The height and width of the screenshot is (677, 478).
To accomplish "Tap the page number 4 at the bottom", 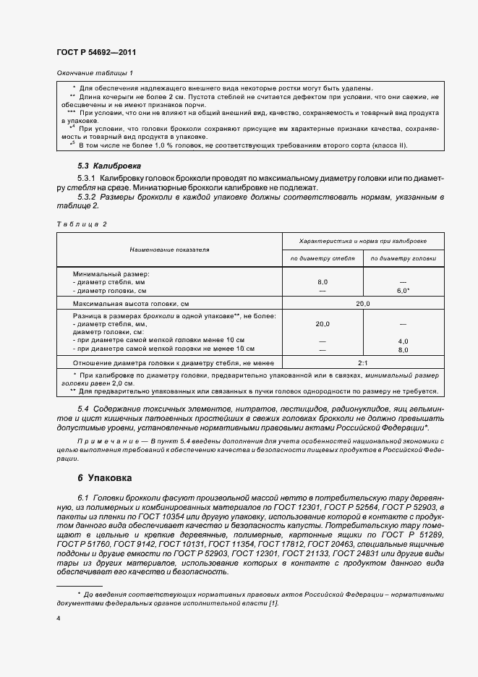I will click(59, 618).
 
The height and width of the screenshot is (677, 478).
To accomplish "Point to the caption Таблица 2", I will click(81, 224).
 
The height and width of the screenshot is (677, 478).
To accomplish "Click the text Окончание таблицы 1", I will click(95, 73).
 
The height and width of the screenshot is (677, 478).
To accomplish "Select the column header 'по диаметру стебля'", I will click(323, 258).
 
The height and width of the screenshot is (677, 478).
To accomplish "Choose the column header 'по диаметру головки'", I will click(403, 258).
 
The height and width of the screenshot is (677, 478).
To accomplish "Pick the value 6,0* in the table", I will click(403, 289).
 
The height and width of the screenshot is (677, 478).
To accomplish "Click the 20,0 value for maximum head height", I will click(363, 304).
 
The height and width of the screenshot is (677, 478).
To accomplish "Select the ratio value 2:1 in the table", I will click(363, 363).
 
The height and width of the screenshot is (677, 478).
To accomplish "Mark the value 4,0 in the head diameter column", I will click(403, 341).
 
